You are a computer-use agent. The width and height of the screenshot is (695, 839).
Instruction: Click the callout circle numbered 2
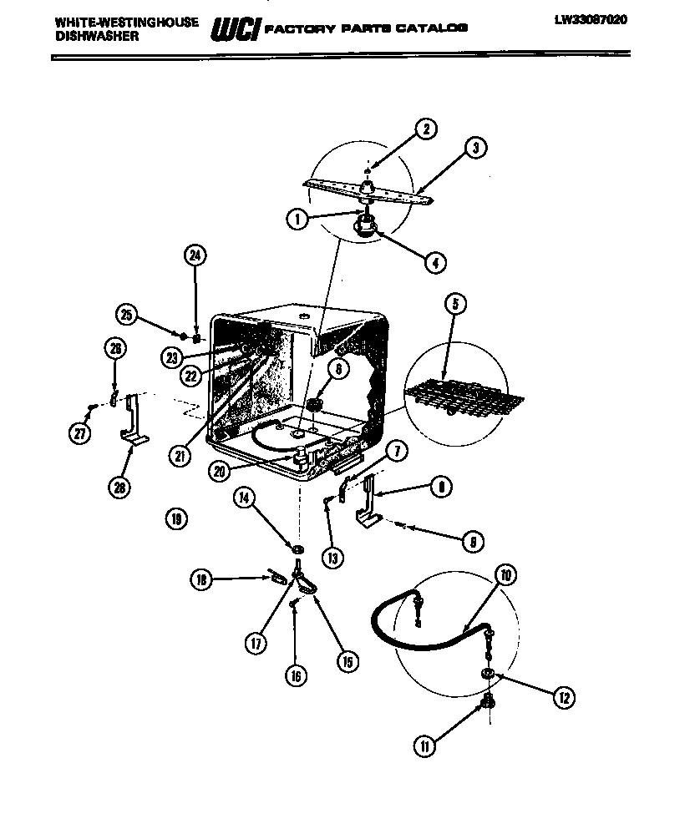pyautogui.click(x=425, y=129)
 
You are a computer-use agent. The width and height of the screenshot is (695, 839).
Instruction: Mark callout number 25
pyautogui.click(x=126, y=315)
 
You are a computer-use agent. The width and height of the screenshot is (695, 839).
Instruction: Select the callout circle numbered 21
pyautogui.click(x=179, y=456)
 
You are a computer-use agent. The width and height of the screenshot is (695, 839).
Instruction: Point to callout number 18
pyautogui.click(x=201, y=580)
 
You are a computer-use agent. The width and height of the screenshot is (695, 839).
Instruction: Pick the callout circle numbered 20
pyautogui.click(x=220, y=471)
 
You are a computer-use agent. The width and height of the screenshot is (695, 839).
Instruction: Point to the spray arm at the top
pyautogui.click(x=368, y=190)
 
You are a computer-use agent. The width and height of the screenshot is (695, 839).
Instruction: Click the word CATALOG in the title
pyautogui.click(x=433, y=28)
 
